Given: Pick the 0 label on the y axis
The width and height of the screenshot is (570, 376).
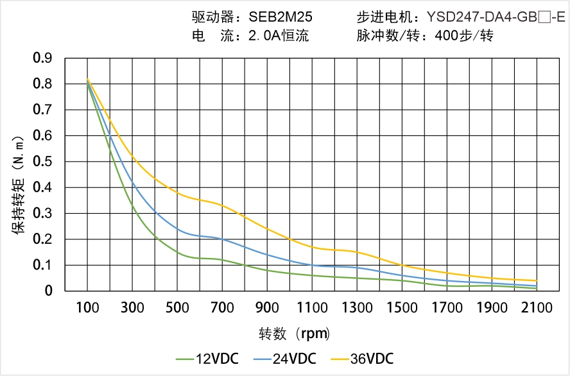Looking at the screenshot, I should pyautogui.click(x=49, y=291).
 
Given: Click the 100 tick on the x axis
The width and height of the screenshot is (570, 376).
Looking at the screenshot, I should pyautogui.click(x=87, y=307).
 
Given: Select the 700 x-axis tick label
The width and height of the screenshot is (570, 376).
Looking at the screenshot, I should pyautogui.click(x=222, y=307).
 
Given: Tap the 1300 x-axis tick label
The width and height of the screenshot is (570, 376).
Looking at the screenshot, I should pyautogui.click(x=357, y=307).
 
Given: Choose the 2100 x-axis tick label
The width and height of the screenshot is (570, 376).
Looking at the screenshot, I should pyautogui.click(x=537, y=307).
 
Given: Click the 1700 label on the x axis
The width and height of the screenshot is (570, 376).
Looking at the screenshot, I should pyautogui.click(x=447, y=307).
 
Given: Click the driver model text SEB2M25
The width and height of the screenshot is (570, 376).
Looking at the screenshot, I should pyautogui.click(x=281, y=17).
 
